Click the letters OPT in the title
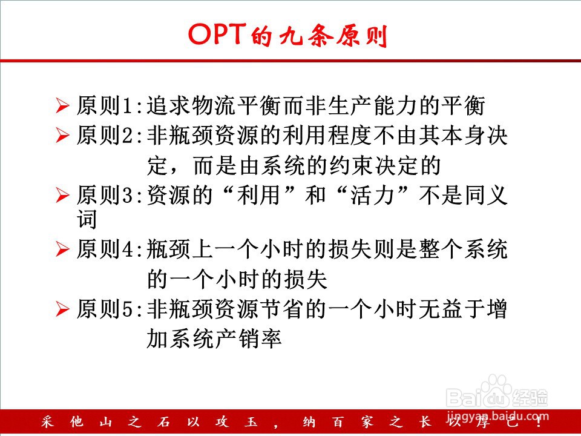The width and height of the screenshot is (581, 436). [217, 34]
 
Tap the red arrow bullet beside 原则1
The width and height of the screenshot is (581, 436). [62, 105]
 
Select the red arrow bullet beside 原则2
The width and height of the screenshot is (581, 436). [62, 135]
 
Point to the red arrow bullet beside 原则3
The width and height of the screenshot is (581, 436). [62, 195]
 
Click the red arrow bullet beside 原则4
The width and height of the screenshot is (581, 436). [62, 249]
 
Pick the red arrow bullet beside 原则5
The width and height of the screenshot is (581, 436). [62, 309]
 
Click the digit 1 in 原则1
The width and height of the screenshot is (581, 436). [126, 106]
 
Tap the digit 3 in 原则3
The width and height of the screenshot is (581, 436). [126, 196]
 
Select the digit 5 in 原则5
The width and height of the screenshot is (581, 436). [126, 309]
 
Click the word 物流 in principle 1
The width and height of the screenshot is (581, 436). [214, 105]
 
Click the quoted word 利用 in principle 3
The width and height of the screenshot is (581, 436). [258, 195]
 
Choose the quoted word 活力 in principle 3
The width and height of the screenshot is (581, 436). [372, 195]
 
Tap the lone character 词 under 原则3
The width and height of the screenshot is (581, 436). [87, 219]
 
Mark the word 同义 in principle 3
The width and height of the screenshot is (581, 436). [486, 195]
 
